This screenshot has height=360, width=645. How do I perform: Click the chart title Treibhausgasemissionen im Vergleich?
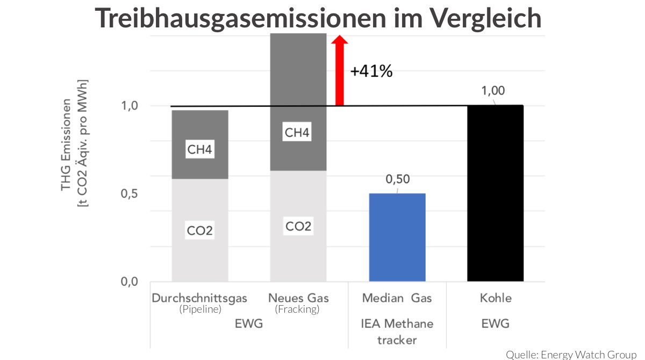pyautogui.click(x=318, y=18)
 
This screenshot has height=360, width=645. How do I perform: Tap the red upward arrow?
pyautogui.click(x=339, y=70)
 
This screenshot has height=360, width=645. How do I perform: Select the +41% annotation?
pyautogui.click(x=371, y=71)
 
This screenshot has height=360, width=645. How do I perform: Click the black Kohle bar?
pyautogui.click(x=495, y=193)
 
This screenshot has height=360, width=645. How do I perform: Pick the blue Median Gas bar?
pyautogui.click(x=397, y=237)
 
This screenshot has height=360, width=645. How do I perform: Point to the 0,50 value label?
pyautogui.click(x=397, y=180)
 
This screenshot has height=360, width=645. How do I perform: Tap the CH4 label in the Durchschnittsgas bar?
pyautogui.click(x=200, y=150)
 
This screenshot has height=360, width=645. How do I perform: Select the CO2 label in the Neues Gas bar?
pyautogui.click(x=298, y=226)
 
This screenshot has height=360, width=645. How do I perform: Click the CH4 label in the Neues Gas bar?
pyautogui.click(x=297, y=133)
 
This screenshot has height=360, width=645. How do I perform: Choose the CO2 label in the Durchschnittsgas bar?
pyautogui.click(x=200, y=231)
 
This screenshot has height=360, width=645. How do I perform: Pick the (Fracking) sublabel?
pyautogui.click(x=297, y=309)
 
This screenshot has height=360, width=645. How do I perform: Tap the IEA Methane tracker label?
pyautogui.click(x=397, y=332)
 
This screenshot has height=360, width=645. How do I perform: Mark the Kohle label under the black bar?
pyautogui.click(x=496, y=298)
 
